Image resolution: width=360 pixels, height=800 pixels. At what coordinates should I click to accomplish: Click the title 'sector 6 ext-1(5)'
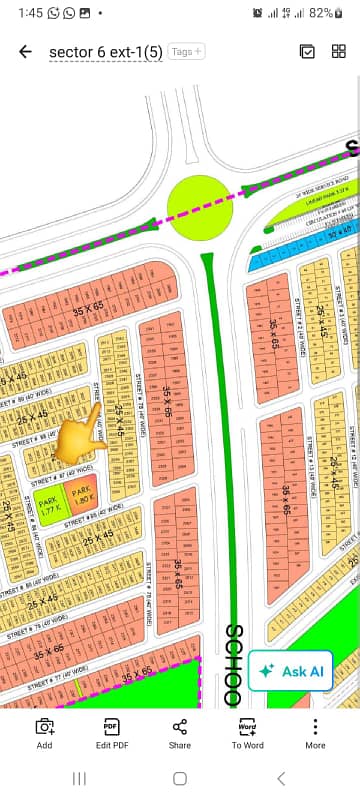tap(105, 52)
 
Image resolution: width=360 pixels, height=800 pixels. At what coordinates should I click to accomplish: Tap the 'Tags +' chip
tap(186, 51)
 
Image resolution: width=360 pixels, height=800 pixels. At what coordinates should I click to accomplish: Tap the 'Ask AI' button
tap(291, 672)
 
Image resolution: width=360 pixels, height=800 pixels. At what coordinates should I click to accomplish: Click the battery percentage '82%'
tap(321, 13)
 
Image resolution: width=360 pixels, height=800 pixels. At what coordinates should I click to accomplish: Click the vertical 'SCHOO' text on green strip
tap(235, 665)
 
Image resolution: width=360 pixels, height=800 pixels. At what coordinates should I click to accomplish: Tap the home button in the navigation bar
tap(180, 778)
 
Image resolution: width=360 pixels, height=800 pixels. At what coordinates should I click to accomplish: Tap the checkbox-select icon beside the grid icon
tap(308, 52)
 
